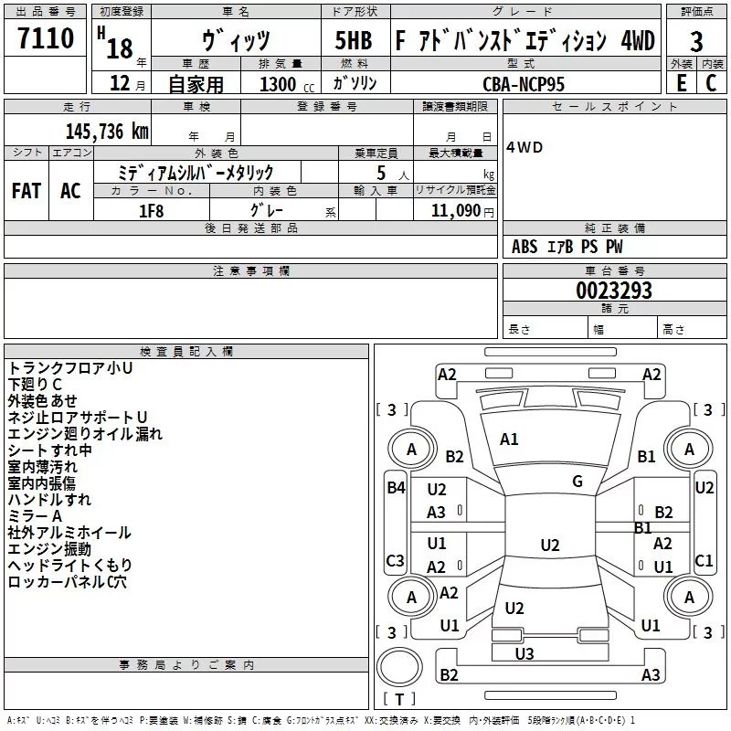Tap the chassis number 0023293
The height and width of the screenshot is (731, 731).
click(x=613, y=291)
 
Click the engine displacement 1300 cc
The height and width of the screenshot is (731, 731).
click(x=286, y=84)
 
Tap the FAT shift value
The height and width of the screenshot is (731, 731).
click(x=26, y=190)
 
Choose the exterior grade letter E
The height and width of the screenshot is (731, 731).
click(x=680, y=83)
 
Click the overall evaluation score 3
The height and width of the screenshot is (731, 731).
click(x=696, y=42)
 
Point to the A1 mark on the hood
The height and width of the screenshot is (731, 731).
click(x=509, y=439)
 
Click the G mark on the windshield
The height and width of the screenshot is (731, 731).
click(x=577, y=482)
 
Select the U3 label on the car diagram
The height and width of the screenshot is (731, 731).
click(x=524, y=653)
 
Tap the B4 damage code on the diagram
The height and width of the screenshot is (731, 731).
click(x=395, y=487)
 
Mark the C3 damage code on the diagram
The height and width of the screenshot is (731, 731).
click(x=395, y=560)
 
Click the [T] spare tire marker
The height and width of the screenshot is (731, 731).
click(x=398, y=699)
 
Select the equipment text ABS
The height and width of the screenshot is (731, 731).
click(x=524, y=247)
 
